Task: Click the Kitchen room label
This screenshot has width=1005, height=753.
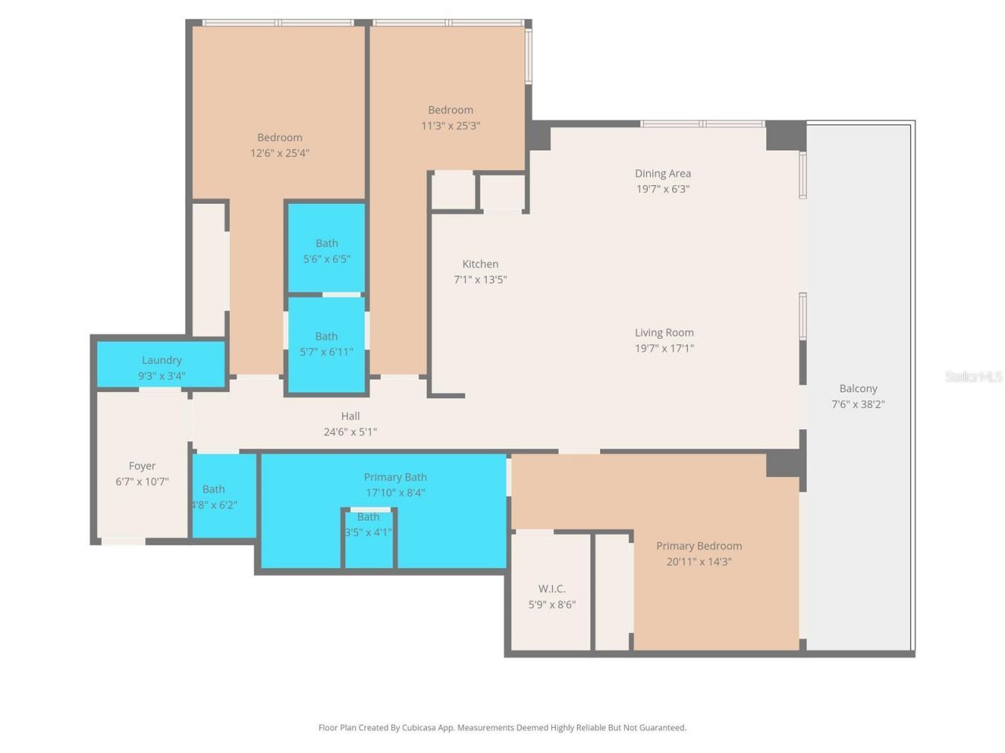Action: tap(480, 264)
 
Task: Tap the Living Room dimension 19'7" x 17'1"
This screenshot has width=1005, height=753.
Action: tap(664, 348)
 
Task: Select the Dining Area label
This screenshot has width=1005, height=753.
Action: tap(663, 173)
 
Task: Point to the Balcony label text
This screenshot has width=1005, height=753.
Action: tap(858, 388)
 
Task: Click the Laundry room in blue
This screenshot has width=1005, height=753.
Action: tap(161, 365)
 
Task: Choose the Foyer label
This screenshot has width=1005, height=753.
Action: tap(142, 466)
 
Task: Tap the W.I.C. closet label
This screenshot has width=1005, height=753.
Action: tap(551, 588)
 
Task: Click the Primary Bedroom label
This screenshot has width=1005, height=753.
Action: tap(699, 546)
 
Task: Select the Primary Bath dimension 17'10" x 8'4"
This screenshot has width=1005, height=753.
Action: tap(395, 493)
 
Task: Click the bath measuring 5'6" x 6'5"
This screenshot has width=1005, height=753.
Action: tap(327, 249)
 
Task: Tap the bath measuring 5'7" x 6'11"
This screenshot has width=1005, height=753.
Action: tap(327, 344)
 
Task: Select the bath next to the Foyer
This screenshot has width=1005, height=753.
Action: tap(224, 496)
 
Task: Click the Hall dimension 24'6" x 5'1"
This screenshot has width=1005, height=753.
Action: tap(350, 431)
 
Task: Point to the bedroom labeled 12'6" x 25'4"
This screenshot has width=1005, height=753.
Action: tap(280, 145)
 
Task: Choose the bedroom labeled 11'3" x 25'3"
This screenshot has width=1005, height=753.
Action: tap(451, 118)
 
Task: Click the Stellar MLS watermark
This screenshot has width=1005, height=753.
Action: tap(973, 376)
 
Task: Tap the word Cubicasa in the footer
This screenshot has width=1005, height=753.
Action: tap(418, 728)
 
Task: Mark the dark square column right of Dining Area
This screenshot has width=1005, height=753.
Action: tap(785, 135)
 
